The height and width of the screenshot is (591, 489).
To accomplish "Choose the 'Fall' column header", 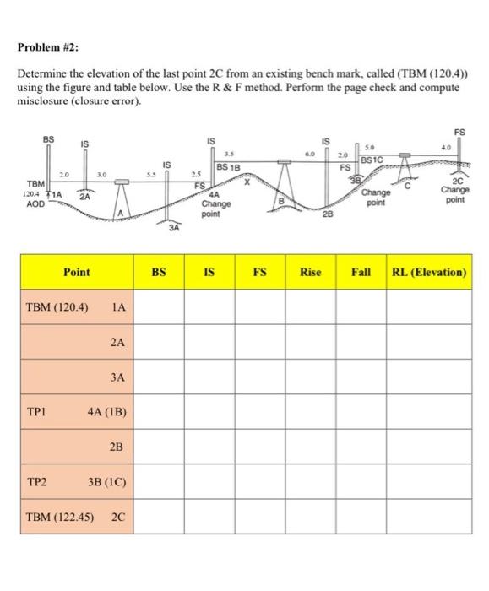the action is point(361,273).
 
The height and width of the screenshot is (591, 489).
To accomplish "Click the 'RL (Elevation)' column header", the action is point(428,273).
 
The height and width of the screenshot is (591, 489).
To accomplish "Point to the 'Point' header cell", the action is point(77,273).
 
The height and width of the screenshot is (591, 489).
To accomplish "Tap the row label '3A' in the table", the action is point(118,378).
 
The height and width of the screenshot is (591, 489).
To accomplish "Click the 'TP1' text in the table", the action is point(35,413).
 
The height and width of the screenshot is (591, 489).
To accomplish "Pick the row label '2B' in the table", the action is point(118,447).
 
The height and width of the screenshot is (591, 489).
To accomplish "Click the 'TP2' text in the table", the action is point(35,482).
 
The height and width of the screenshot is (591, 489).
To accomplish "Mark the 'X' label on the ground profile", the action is point(247,181).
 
